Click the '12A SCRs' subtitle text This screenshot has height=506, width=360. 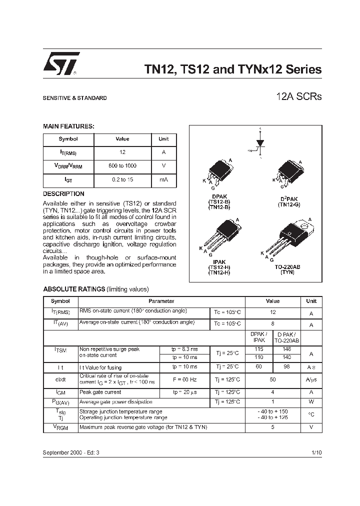click(x=299, y=96)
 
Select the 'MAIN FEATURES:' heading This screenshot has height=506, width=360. click(x=68, y=127)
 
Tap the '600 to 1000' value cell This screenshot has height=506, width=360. click(x=122, y=165)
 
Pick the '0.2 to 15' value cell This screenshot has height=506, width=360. click(x=122, y=179)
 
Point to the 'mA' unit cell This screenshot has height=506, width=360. click(x=163, y=179)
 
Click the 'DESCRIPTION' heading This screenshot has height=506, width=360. click(x=63, y=193)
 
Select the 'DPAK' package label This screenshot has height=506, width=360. click(x=216, y=196)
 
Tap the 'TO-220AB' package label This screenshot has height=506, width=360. click(x=287, y=267)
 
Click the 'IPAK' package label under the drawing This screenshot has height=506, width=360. click(x=219, y=261)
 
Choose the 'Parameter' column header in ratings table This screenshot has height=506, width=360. click(x=161, y=301)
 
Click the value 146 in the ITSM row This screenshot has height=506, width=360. click(x=287, y=348)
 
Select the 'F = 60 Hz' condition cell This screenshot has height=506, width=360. click(x=185, y=379)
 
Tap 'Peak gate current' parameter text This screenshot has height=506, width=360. click(x=100, y=392)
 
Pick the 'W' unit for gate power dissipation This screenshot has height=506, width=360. click(x=311, y=402)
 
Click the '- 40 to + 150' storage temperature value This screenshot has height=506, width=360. click(x=273, y=411)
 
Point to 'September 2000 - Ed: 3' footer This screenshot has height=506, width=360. click(x=71, y=452)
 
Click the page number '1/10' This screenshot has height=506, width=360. click(x=316, y=452)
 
